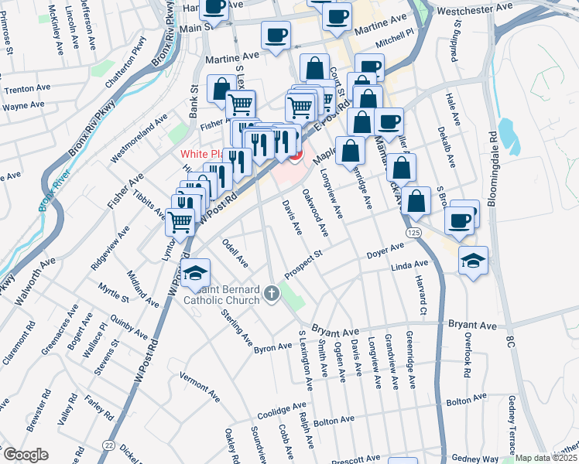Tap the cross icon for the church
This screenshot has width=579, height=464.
271,293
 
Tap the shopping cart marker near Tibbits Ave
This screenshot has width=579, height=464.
180,221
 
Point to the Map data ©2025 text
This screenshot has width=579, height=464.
546,458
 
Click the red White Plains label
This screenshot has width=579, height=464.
204,154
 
